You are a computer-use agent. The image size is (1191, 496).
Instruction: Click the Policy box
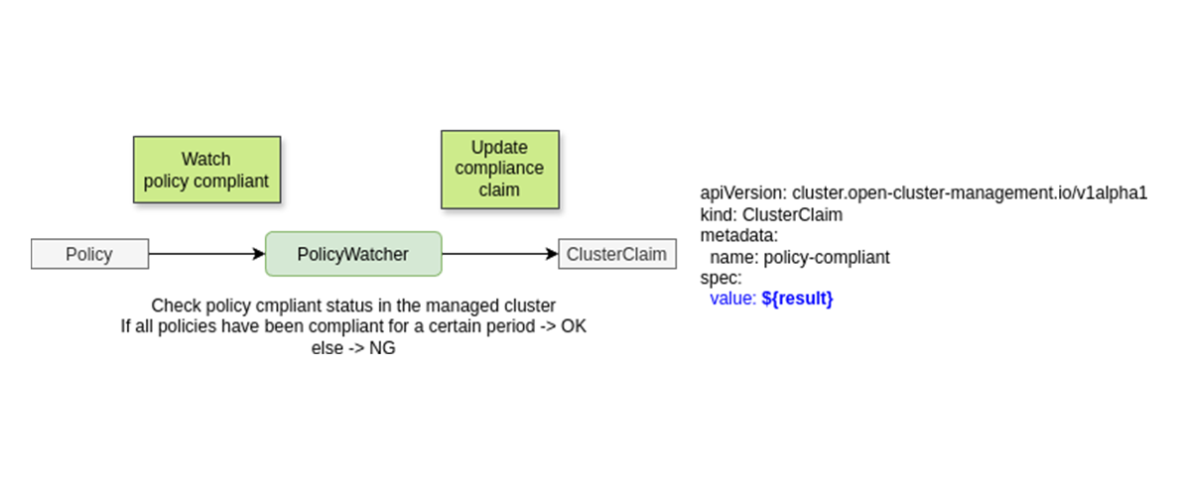89,254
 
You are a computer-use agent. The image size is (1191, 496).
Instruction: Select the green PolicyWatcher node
352,254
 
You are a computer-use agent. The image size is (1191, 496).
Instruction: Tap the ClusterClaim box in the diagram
617,254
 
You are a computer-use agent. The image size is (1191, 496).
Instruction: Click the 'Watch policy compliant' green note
206,170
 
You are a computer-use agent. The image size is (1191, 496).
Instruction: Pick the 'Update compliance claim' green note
499,169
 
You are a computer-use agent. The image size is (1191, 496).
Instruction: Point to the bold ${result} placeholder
797,298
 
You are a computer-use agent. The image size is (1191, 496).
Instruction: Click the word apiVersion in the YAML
742,193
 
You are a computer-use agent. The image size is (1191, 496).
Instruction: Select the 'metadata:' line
738,236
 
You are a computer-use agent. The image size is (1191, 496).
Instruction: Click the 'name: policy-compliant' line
800,257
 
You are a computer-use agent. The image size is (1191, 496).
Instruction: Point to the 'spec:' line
721,278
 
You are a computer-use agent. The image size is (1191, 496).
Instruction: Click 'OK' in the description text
574,326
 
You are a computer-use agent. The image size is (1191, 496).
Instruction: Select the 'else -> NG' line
353,347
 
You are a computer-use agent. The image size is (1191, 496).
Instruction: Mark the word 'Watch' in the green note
206,159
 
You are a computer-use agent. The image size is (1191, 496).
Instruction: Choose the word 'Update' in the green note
499,148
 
